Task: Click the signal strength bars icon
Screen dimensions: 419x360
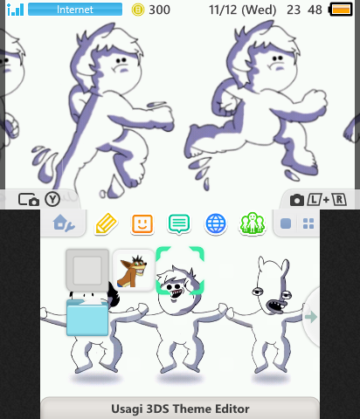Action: tap(15, 10)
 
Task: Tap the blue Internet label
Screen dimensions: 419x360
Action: tap(74, 10)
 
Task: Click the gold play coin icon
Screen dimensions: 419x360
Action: tap(137, 10)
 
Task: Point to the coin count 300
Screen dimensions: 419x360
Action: tap(160, 10)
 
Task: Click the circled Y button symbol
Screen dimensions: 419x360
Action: tap(52, 199)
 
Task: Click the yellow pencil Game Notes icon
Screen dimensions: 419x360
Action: tap(106, 223)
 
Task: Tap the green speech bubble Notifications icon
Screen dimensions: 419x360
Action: tap(179, 223)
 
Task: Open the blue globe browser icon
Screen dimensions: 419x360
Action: tap(216, 223)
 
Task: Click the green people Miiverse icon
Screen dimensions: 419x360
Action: tap(252, 223)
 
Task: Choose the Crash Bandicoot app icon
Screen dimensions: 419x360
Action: tap(134, 271)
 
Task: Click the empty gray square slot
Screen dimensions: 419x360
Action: tap(87, 271)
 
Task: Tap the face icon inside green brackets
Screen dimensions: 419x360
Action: tap(180, 271)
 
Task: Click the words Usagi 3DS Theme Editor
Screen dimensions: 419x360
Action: tap(180, 409)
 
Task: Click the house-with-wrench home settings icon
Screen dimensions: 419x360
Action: tap(63, 223)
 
